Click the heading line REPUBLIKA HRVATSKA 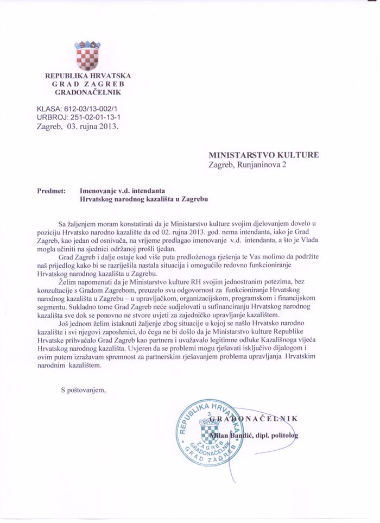(87, 76)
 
